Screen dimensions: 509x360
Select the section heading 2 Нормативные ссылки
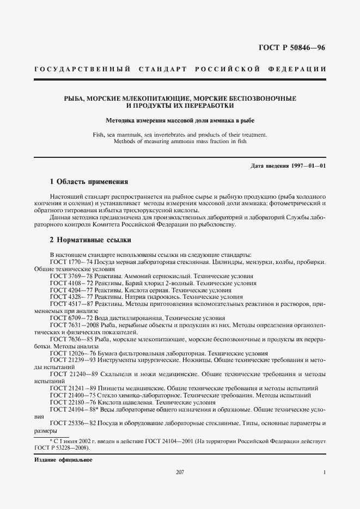click(x=90, y=240)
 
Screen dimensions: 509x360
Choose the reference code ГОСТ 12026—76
click(x=70, y=353)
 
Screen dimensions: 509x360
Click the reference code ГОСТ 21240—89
click(x=70, y=374)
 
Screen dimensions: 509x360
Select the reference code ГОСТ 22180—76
click(x=70, y=402)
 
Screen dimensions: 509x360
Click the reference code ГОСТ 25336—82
click(x=70, y=423)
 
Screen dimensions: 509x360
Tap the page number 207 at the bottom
click(x=180, y=472)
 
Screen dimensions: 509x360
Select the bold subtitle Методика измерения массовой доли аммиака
click(x=180, y=120)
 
